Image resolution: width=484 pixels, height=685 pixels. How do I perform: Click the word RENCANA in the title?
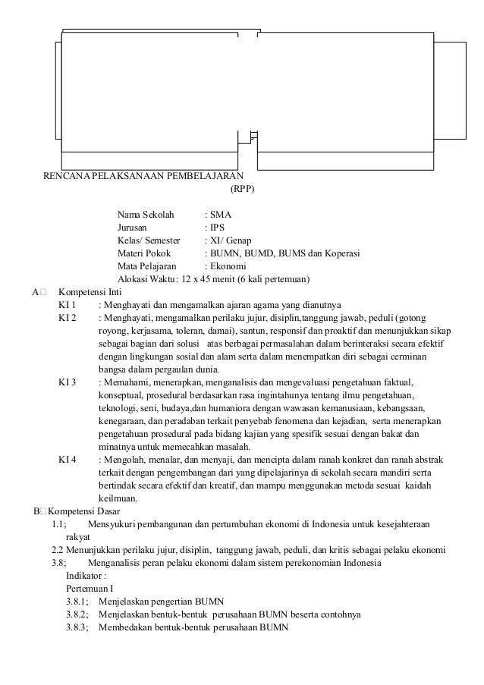(64, 177)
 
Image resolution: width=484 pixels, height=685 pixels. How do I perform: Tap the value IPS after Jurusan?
(219, 227)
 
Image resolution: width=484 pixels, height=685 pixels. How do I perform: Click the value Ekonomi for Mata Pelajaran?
(229, 266)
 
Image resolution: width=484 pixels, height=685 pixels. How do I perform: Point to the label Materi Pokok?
(144, 253)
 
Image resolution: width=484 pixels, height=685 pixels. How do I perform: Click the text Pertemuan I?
(90, 589)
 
